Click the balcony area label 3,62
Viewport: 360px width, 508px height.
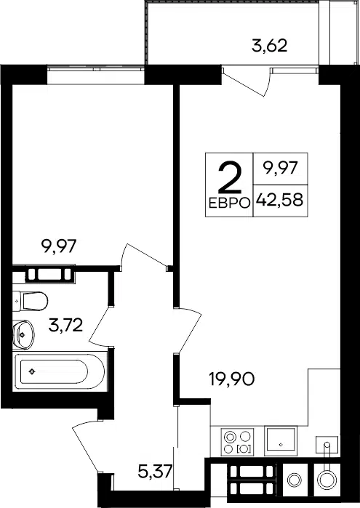point(270,46)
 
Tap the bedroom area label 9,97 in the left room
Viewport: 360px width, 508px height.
point(59,246)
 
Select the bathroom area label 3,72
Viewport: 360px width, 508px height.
point(65,325)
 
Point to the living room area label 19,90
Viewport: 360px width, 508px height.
point(232,379)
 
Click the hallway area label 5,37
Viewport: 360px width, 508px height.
point(155,471)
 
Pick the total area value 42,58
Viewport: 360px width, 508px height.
point(279,200)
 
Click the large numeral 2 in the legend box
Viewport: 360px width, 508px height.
point(230,177)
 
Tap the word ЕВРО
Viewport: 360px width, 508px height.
point(229,203)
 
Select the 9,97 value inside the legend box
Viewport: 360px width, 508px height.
point(280,169)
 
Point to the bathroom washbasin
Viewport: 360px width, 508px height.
point(23,335)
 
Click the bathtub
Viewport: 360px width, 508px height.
point(60,371)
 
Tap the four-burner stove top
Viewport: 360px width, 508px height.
point(237,442)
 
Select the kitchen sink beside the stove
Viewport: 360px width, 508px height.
point(281,441)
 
